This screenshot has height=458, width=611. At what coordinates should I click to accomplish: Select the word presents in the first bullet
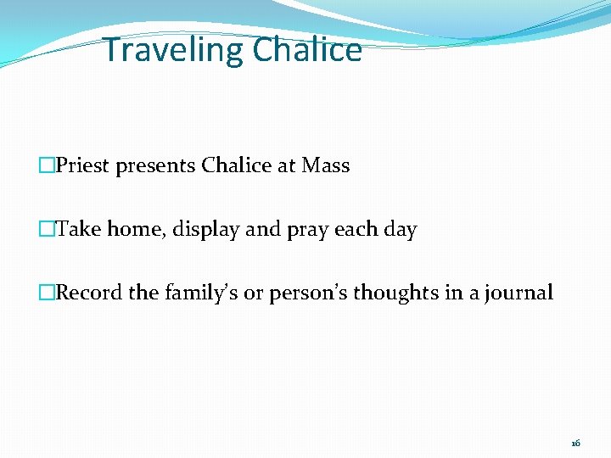click(x=157, y=166)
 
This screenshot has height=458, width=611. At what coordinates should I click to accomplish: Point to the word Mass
click(x=326, y=165)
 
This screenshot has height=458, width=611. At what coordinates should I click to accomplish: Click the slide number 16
click(x=575, y=443)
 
